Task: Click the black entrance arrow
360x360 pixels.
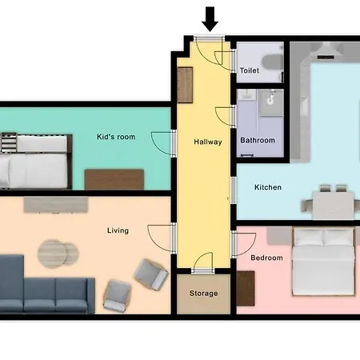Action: tap(210, 19)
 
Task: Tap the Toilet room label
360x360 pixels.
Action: tap(250, 70)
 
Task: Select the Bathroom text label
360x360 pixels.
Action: tap(258, 140)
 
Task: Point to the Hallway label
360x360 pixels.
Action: tap(208, 142)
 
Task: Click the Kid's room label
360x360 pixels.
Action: tap(116, 137)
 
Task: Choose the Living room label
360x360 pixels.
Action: tap(118, 230)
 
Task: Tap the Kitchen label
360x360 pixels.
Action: tap(268, 187)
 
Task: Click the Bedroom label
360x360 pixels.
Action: tap(266, 258)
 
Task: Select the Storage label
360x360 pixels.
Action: tap(203, 294)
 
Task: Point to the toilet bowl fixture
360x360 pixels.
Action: tap(272, 62)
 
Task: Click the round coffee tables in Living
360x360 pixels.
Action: tap(58, 254)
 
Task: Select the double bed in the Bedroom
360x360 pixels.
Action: tap(323, 262)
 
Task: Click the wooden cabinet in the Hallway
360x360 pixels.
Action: tap(185, 85)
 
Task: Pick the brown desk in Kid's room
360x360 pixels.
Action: tap(114, 179)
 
